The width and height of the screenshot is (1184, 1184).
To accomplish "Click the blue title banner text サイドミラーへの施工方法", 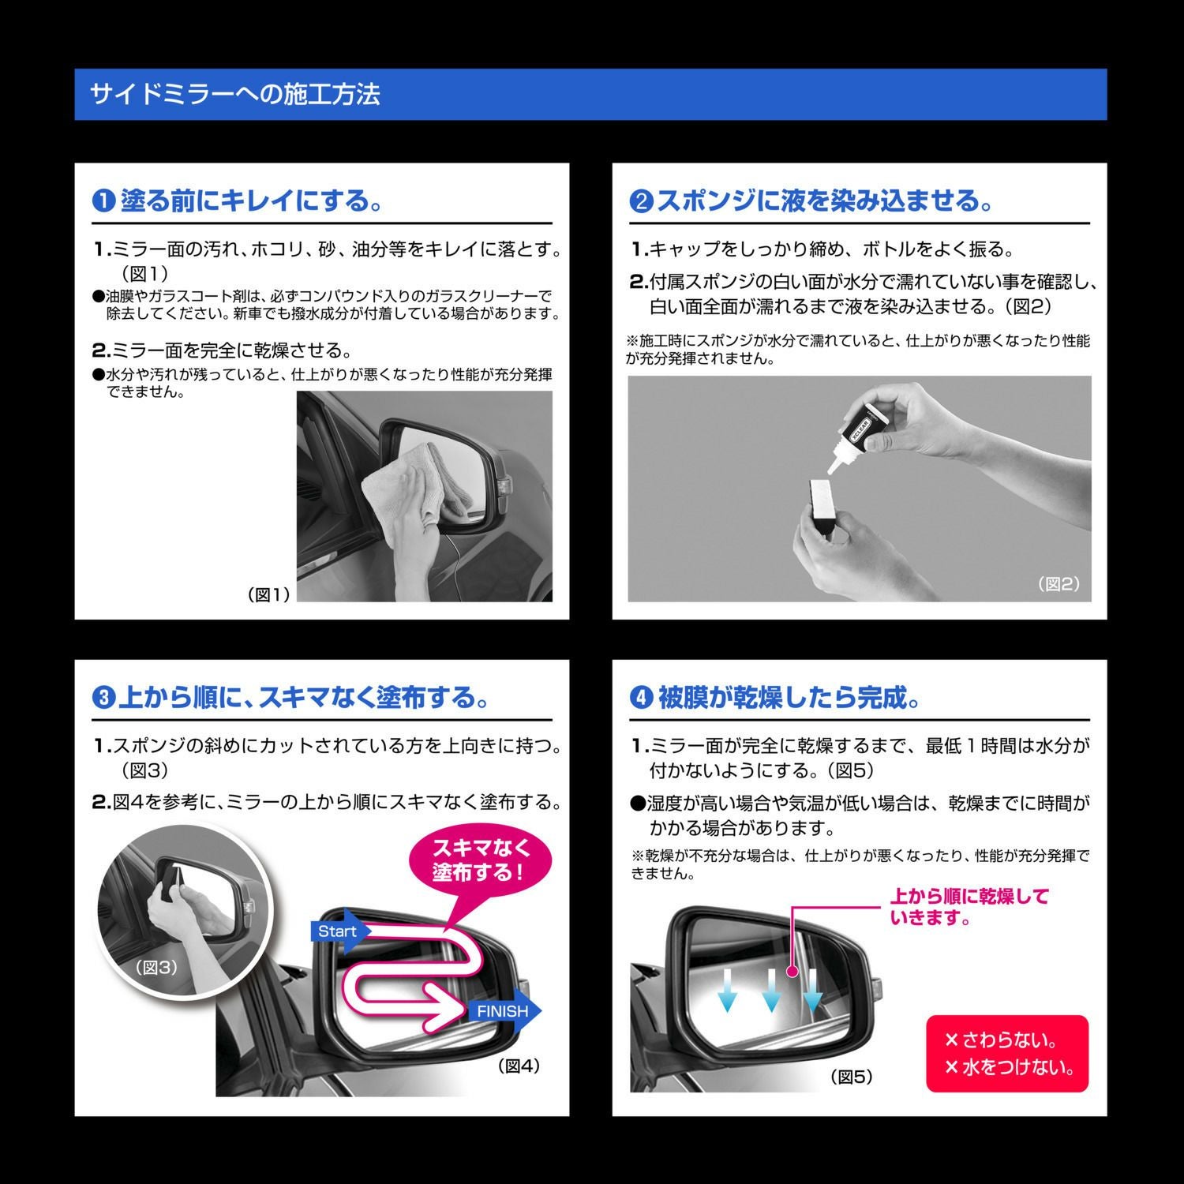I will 235,95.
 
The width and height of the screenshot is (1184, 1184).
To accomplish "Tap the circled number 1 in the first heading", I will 103,201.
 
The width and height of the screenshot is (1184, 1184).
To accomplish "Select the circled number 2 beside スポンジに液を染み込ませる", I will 641,201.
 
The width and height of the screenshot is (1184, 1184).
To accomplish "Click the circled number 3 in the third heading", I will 103,699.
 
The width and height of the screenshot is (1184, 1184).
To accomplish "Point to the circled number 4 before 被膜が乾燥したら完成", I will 641,699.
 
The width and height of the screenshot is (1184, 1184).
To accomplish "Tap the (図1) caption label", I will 269,595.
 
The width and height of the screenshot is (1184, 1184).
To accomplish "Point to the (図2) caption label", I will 1058,584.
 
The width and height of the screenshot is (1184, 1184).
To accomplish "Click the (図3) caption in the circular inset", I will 156,967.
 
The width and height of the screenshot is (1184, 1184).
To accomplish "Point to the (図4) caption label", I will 519,1066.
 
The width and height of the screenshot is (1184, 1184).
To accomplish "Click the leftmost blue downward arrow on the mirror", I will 727,991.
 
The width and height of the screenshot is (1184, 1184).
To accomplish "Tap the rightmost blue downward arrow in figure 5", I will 812,991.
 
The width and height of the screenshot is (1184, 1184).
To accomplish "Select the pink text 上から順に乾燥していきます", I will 969,907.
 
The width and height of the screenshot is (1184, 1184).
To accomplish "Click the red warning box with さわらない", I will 1007,1054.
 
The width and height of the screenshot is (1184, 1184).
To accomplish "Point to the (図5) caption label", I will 852,1077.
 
